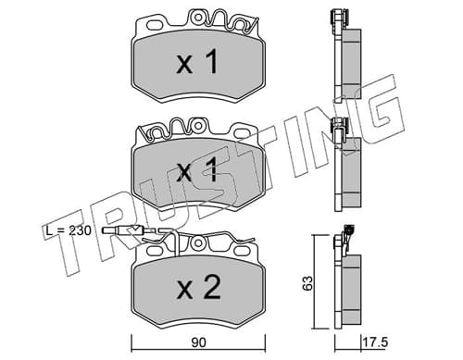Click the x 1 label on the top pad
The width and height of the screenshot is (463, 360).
(197, 63)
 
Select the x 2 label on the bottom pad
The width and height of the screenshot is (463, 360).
(198, 288)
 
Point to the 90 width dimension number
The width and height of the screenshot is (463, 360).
(198, 342)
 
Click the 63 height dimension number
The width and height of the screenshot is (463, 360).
(308, 282)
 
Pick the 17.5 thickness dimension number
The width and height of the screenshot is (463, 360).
(375, 342)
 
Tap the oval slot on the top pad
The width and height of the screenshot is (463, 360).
(156, 25)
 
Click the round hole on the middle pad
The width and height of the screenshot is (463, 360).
(198, 126)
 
